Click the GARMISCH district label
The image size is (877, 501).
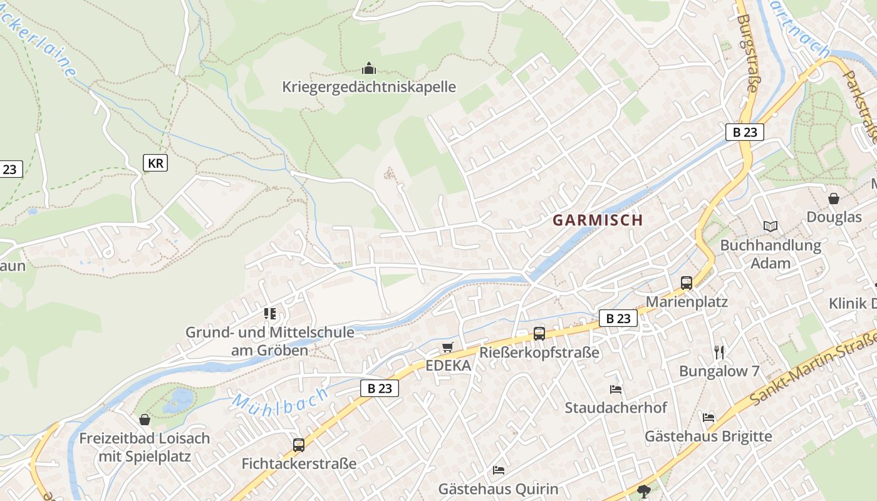click(598, 220)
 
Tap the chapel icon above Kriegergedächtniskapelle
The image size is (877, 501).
click(369, 68)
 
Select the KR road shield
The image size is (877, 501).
click(155, 163)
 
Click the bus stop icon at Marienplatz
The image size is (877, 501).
click(687, 282)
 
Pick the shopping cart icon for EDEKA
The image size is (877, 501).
click(447, 348)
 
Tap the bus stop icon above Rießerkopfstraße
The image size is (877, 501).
click(539, 333)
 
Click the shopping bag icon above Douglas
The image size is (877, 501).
click(834, 199)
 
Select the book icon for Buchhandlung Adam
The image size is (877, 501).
click(770, 226)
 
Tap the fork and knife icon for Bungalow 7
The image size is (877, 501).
click(719, 352)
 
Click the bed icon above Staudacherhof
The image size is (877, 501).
click(616, 389)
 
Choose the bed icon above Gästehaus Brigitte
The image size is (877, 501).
click(708, 417)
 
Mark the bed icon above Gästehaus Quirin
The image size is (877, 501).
click(498, 470)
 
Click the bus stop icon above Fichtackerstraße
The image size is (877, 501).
click(299, 445)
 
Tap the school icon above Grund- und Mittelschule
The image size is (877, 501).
click(270, 313)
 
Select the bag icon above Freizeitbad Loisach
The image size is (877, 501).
click(145, 419)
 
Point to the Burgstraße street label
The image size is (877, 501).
click(747, 53)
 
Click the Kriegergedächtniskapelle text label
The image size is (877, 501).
click(369, 86)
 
